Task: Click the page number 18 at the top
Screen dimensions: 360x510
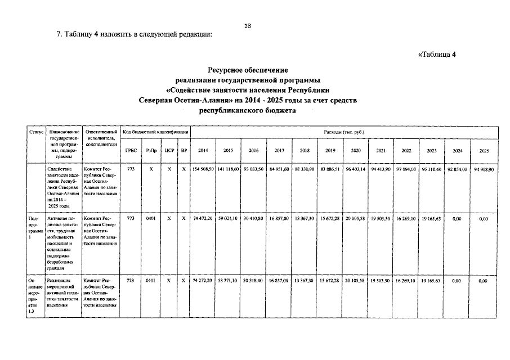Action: pos(248,25)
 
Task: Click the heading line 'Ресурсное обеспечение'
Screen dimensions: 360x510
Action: pos(248,70)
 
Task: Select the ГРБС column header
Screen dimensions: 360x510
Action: pos(131,151)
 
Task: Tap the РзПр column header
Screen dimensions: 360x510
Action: pos(151,151)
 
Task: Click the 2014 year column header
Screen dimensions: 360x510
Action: pos(203,151)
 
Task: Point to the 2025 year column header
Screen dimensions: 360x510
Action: pos(484,151)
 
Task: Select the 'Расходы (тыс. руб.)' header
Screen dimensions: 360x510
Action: pos(344,132)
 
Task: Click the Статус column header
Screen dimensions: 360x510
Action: pos(37,132)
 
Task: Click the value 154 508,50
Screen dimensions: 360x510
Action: pos(203,169)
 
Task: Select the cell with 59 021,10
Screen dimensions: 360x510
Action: pos(229,218)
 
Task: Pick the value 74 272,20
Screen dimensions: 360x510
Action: pos(203,280)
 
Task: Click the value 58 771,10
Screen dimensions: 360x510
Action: pos(229,280)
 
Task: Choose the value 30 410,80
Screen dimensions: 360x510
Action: pos(254,218)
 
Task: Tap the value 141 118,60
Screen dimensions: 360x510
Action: pos(229,169)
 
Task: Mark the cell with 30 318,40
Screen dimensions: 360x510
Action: pos(254,280)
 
